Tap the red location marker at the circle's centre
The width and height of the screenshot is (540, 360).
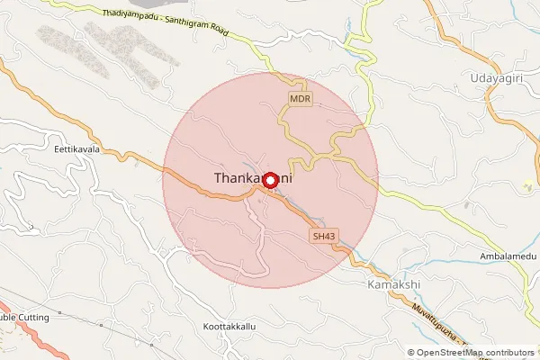click(x=271, y=179)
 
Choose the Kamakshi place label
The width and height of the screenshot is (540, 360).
click(x=394, y=284)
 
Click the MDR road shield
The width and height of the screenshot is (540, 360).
click(x=301, y=98)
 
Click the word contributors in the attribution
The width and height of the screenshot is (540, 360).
click(x=511, y=353)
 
